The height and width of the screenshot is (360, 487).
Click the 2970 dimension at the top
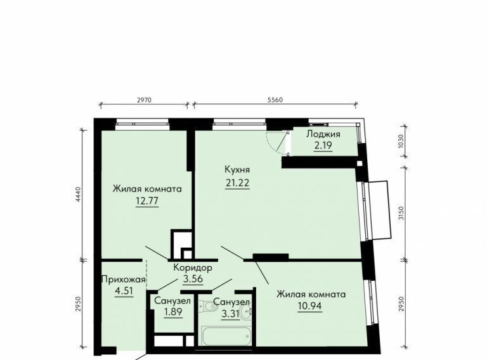pyautogui.click(x=144, y=100)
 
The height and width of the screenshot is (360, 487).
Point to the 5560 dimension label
pyautogui.click(x=275, y=100)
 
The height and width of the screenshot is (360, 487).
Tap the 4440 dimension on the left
pyautogui.click(x=77, y=195)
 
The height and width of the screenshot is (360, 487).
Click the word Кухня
pyautogui.click(x=237, y=170)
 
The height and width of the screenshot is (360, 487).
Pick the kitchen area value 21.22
pyautogui.click(x=237, y=183)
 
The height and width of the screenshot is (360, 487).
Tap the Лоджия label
pyautogui.click(x=323, y=134)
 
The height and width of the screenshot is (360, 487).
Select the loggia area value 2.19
pyautogui.click(x=323, y=145)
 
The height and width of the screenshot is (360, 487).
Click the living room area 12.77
pyautogui.click(x=147, y=201)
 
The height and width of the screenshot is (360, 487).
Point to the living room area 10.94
pyautogui.click(x=309, y=306)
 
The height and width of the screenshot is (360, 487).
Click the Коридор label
pyautogui.click(x=193, y=267)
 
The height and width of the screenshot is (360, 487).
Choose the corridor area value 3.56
pyautogui.click(x=193, y=279)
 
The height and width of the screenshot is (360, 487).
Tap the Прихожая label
pyautogui.click(x=124, y=280)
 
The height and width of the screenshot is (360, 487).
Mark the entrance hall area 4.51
pyautogui.click(x=124, y=292)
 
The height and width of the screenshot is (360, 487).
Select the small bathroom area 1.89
pyautogui.click(x=173, y=312)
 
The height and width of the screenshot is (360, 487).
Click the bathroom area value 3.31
pyautogui.click(x=230, y=314)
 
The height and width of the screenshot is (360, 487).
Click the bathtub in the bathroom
pyautogui.click(x=226, y=335)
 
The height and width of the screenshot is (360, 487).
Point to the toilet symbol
pyautogui.click(x=207, y=307)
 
